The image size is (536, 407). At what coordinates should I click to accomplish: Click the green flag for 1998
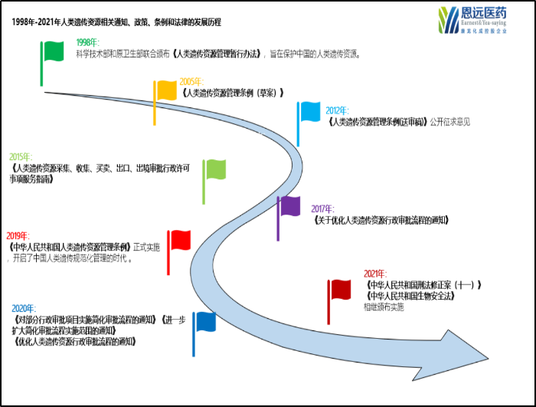click(54, 52)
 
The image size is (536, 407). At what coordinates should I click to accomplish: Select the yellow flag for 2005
click(166, 90)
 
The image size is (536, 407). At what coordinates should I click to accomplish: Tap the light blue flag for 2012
click(309, 112)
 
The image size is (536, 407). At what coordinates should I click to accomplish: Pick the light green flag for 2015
click(214, 169)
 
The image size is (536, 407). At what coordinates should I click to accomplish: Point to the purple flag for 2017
click(290, 206)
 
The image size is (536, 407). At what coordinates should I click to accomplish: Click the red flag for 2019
click(180, 240)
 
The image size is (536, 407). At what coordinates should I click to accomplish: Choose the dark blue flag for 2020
click(204, 322)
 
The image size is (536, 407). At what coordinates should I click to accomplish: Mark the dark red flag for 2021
click(340, 290)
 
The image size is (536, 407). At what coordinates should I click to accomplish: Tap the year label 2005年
click(191, 82)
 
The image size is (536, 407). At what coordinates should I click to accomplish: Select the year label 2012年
click(338, 110)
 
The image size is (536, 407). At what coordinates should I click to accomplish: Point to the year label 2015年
click(21, 156)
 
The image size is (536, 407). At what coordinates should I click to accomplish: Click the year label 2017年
click(323, 208)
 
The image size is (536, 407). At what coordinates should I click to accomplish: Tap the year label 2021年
click(375, 274)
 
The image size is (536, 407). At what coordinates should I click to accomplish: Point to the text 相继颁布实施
click(384, 307)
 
